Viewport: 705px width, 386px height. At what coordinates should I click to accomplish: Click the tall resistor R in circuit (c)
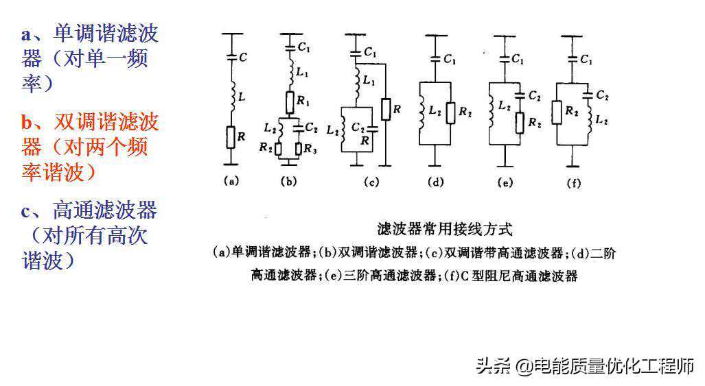click(386, 109)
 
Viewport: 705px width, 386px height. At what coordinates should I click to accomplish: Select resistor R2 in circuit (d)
click(450, 112)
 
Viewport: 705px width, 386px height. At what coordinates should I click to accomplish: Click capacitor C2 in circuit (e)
click(520, 96)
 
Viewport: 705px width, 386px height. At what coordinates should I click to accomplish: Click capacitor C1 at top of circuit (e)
click(505, 58)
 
